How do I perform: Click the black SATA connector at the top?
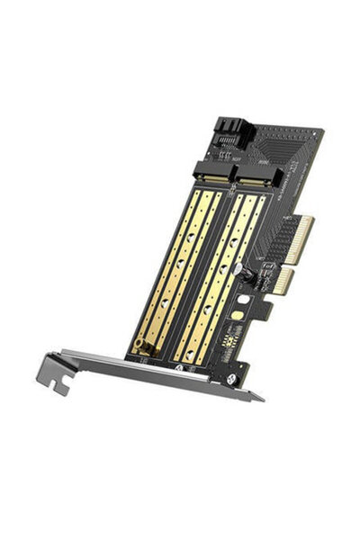tap(230, 133)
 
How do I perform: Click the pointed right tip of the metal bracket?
tap(262, 399)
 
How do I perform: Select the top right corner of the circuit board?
tap(322, 133)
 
